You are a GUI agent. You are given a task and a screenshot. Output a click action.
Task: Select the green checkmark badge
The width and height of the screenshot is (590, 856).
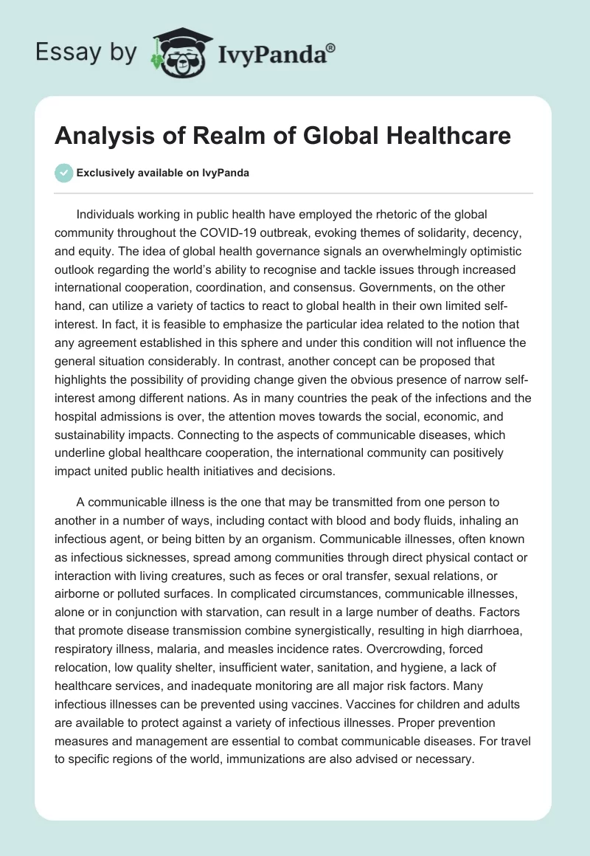coord(64,173)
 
